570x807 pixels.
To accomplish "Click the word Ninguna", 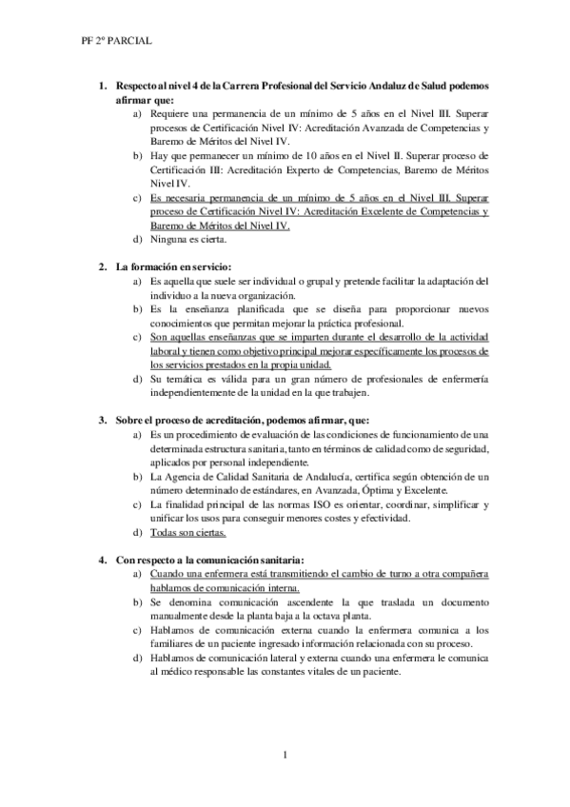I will click(x=174, y=240).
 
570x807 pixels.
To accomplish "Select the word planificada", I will click(x=246, y=308).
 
